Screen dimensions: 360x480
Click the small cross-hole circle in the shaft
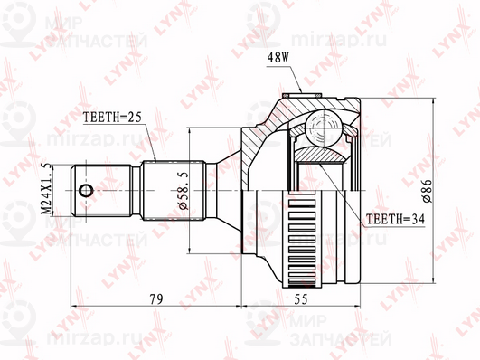[x=86, y=190]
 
